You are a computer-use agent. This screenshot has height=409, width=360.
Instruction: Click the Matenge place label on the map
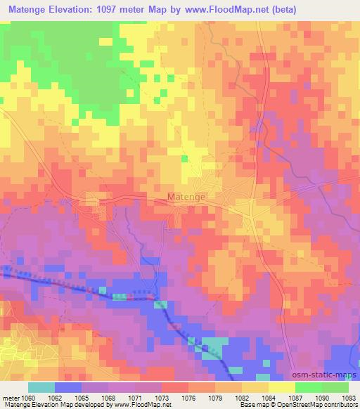pyautogui.click(x=186, y=197)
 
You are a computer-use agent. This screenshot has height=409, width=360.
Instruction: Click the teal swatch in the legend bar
pyautogui.click(x=41, y=387)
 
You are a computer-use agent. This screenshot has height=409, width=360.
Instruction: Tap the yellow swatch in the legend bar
pyautogui.click(x=282, y=387)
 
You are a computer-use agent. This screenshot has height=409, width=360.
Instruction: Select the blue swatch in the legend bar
pyautogui.click(x=68, y=387)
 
